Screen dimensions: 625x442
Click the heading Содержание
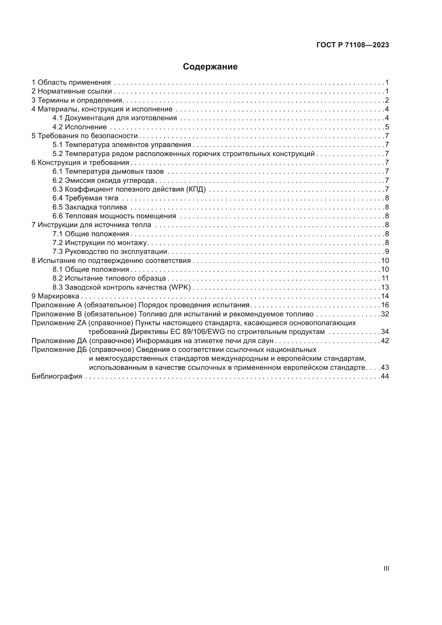[x=210, y=67]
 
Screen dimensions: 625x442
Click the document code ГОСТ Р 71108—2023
[x=353, y=45]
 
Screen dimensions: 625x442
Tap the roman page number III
[x=386, y=569]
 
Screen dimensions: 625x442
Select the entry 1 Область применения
[x=71, y=83]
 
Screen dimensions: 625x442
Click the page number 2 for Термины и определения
[x=387, y=100]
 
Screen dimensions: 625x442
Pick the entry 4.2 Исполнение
[x=79, y=127]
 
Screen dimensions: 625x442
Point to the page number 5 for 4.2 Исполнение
[x=387, y=127]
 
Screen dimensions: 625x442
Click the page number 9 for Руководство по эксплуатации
[x=387, y=252]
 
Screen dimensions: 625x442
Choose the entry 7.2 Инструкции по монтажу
[x=100, y=243]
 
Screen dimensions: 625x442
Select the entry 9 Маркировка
[x=55, y=296]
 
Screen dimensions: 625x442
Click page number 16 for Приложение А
[x=385, y=305]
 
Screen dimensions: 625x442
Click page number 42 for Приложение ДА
[x=385, y=341]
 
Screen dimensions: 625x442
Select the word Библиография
[x=57, y=376]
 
